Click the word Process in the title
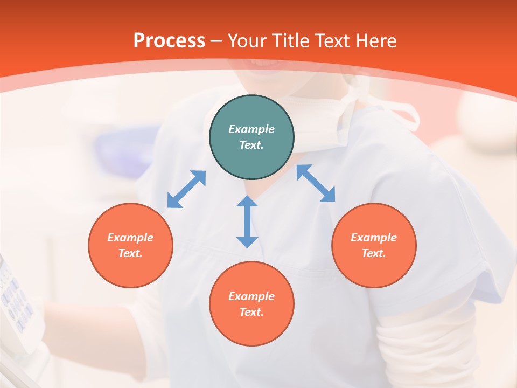pyautogui.click(x=169, y=41)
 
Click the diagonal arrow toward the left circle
pyautogui.click(x=186, y=189)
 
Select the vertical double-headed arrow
pyautogui.click(x=247, y=221)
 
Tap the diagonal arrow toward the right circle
pyautogui.click(x=316, y=183)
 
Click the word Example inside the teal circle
pyautogui.click(x=251, y=129)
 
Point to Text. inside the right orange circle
pyautogui.click(x=374, y=253)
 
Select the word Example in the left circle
pyautogui.click(x=130, y=238)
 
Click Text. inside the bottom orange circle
pyautogui.click(x=251, y=312)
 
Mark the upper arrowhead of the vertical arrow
pyautogui.click(x=247, y=202)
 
